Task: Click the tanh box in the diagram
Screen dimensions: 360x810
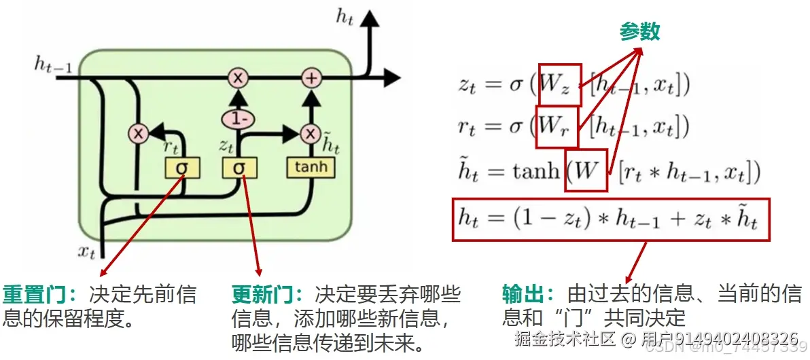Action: (311, 166)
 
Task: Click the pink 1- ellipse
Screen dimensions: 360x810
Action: (237, 120)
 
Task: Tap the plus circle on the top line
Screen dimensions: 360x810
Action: (311, 78)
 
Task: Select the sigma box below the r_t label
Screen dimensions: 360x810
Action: (181, 167)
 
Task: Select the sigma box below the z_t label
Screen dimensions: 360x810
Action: (239, 167)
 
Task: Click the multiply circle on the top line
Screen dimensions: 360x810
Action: (238, 78)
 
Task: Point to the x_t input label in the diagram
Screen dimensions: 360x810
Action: (86, 251)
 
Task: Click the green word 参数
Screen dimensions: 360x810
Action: (639, 31)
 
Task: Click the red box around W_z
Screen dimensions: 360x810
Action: (560, 85)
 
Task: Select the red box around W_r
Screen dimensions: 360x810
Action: (557, 126)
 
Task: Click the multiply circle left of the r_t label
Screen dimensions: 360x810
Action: (139, 134)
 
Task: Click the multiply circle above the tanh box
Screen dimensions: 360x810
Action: (311, 133)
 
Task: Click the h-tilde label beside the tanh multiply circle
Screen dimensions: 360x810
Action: (330, 143)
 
